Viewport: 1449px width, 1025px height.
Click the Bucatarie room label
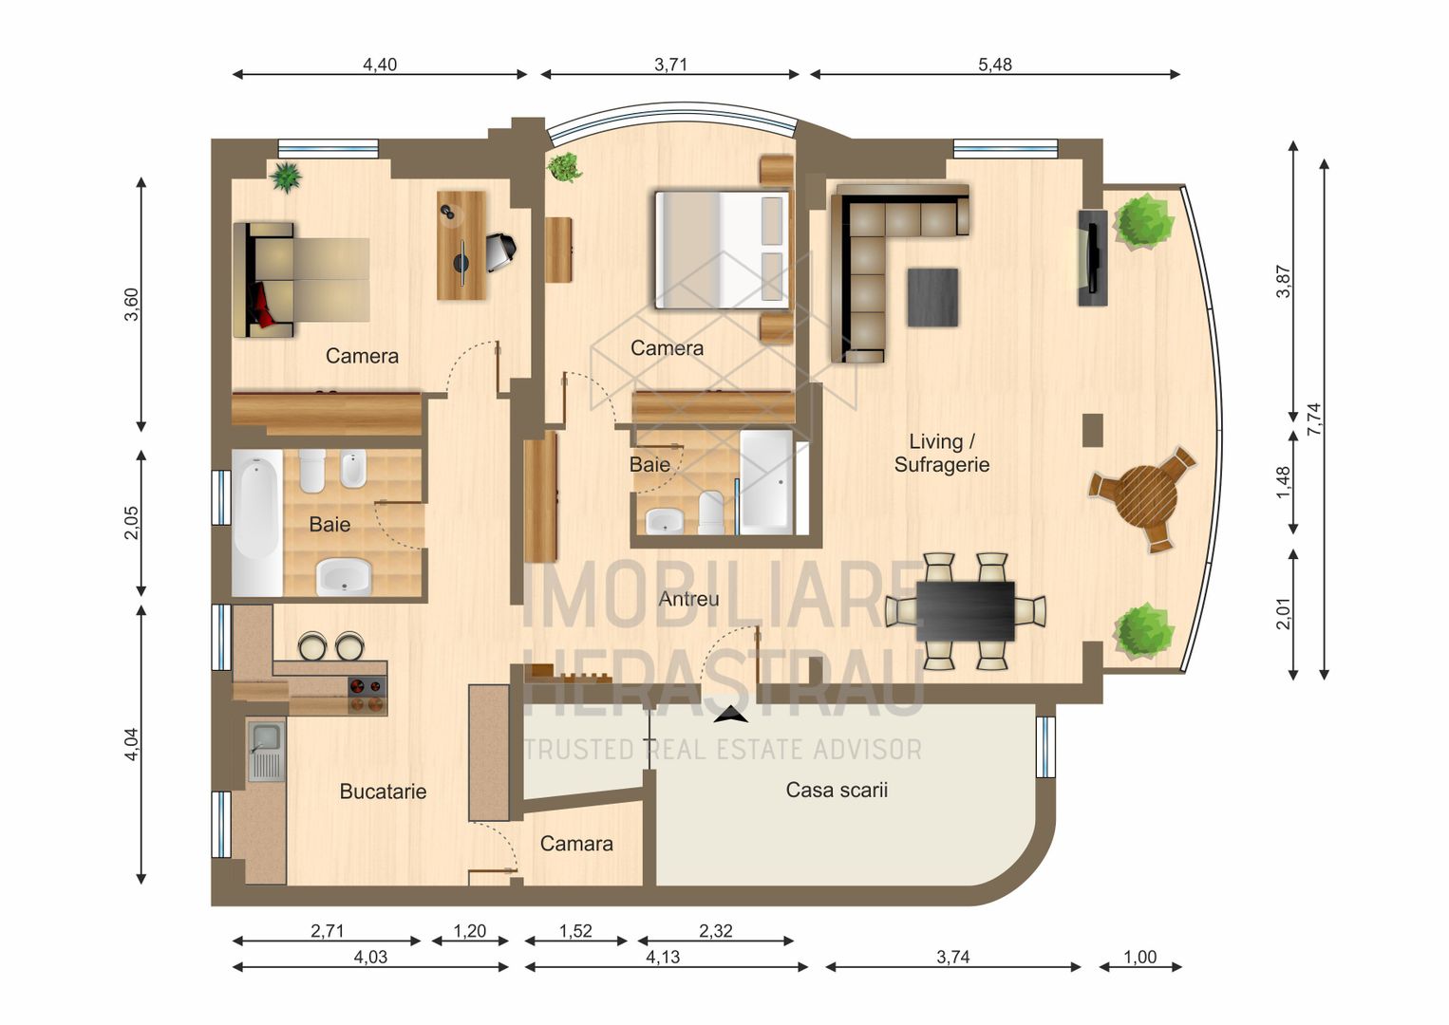click(383, 791)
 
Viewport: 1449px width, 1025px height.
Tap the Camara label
click(576, 843)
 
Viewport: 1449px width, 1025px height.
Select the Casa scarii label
click(837, 790)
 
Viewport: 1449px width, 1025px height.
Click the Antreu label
click(688, 599)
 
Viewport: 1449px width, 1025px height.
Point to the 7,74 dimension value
click(1313, 419)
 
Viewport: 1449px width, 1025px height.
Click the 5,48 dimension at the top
click(994, 65)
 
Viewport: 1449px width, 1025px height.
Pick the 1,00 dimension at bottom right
click(1139, 957)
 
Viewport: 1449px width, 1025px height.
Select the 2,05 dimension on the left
click(131, 523)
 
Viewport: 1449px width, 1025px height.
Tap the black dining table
click(966, 610)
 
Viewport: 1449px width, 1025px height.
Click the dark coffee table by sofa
click(931, 297)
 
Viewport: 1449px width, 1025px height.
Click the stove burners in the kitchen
click(367, 694)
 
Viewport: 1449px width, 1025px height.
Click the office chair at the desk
click(500, 251)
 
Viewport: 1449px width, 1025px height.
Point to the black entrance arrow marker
click(730, 717)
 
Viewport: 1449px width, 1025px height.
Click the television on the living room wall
click(1092, 257)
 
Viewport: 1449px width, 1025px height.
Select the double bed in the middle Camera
click(722, 250)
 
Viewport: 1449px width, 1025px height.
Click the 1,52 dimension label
click(575, 931)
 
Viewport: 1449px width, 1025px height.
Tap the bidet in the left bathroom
click(353, 468)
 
